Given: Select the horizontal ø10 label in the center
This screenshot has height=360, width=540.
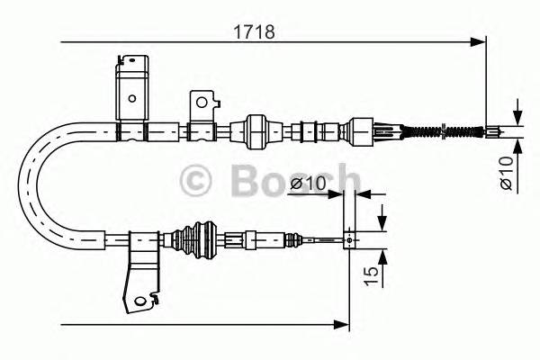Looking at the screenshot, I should coord(308,184).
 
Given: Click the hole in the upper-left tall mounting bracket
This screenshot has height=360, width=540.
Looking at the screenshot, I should coord(132,100).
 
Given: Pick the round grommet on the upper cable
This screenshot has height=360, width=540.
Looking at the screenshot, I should coord(255,130).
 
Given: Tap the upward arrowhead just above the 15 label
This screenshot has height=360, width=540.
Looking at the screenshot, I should coord(383,256).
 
